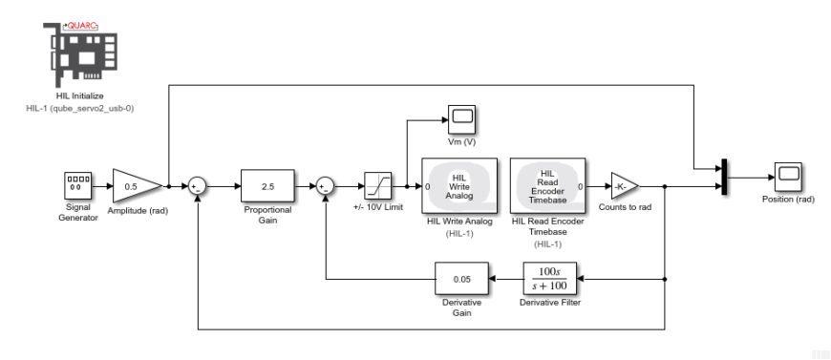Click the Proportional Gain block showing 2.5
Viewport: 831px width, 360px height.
pos(266,186)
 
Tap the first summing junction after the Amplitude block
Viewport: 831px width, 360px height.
pos(196,186)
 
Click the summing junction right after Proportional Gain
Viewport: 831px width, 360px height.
pos(327,186)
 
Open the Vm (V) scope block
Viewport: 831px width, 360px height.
pos(462,118)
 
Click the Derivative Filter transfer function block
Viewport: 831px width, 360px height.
pos(549,278)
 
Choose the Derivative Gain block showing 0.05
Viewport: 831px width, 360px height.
pos(461,278)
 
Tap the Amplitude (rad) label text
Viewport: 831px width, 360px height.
pos(138,210)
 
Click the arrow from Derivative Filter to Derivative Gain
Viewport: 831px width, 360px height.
pos(504,278)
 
